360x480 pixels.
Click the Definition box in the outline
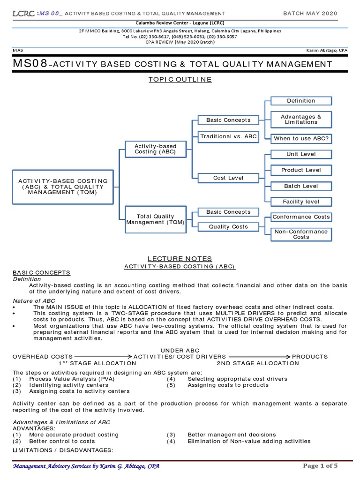pos(301,101)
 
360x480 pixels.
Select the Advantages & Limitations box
pos(301,120)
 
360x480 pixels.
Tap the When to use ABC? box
pos(301,138)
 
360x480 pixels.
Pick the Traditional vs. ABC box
pos(228,136)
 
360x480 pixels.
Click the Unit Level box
pos(301,154)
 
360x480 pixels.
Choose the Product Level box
pos(301,170)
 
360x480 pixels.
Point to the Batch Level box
pos(301,186)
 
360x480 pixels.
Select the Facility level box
pos(301,202)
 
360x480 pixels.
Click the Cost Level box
pos(228,178)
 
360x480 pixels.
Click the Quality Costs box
pos(228,227)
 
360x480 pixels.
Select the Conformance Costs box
pos(301,217)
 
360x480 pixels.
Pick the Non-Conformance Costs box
pos(301,234)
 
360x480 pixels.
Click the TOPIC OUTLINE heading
pos(180,80)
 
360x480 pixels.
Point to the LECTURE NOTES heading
pos(180,259)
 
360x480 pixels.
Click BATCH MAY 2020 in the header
pos(310,14)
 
